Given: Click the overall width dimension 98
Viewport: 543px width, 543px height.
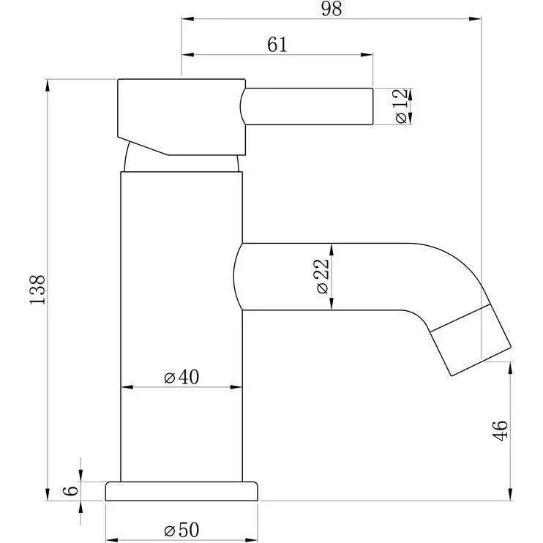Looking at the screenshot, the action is (332, 9).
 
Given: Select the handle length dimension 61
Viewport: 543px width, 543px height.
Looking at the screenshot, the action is (277, 45).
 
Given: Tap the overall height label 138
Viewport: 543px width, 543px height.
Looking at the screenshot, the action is (37, 290).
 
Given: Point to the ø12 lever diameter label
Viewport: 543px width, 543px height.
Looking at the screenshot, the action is (401, 106).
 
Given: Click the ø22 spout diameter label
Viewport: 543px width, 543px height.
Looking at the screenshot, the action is (322, 277).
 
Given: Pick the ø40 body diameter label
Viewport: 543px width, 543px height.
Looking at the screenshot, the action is (181, 377).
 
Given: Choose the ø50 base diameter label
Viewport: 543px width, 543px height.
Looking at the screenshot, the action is (181, 530).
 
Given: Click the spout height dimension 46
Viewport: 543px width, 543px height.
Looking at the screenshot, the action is (501, 431).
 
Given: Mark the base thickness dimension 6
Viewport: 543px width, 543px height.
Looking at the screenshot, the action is (71, 490).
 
